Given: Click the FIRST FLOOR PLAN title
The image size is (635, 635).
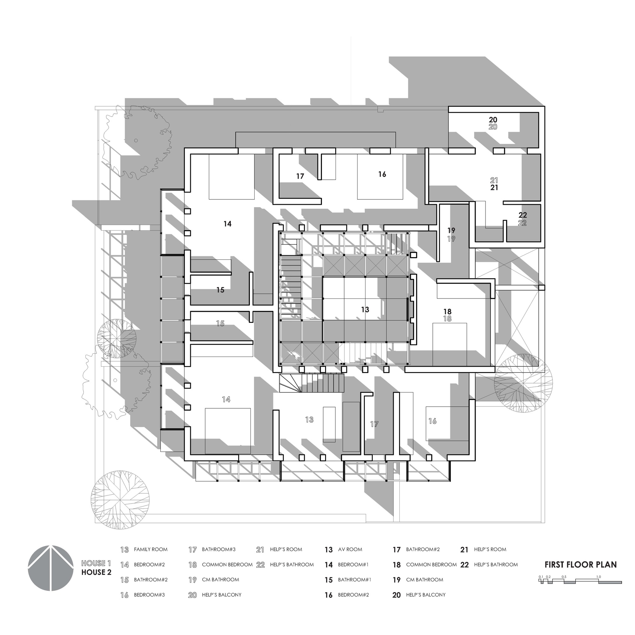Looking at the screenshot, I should pos(580,565).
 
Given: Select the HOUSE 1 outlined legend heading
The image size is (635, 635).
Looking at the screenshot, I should pos(96,563).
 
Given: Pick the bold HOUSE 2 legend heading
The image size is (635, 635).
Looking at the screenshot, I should pos(96,572).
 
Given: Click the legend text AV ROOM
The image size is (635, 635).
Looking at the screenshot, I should pos(350,550).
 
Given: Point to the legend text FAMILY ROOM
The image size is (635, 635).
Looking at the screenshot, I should pos(150,550).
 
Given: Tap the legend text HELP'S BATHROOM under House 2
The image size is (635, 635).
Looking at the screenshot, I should pos(496,565).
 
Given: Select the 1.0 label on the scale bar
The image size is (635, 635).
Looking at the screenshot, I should pos(598,577).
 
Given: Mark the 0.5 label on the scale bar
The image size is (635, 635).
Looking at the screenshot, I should pos(564,577).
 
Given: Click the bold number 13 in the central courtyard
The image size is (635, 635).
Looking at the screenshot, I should pos(365,310).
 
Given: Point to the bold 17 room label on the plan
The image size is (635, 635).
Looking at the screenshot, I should pos(300,177).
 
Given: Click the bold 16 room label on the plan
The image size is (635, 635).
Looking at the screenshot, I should pos(382,174).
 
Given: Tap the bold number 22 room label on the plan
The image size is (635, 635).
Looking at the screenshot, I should pos(523,215).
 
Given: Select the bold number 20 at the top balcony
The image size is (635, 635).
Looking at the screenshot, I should pos(493,120).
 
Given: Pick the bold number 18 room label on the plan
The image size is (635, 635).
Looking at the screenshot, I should pos(447,311).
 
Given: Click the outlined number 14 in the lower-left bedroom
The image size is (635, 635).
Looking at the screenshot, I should pos(226,399).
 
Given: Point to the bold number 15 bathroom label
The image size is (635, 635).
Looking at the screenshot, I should pos(220,290).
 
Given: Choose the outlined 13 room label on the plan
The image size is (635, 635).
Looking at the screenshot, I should pos(309,420).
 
